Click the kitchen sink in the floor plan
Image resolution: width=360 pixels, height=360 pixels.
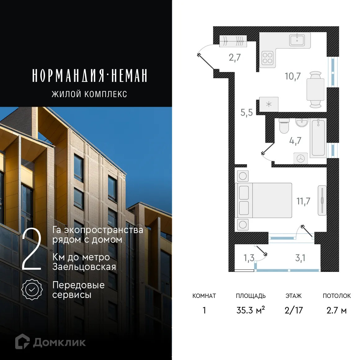[297, 40]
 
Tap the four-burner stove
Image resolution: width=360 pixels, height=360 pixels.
[267, 58]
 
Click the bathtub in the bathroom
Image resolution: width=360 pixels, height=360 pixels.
[318, 137]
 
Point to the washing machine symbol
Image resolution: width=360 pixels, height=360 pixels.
[301, 158]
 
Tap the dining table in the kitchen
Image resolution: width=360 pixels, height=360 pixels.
[315, 89]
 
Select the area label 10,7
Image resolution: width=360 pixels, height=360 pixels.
[293, 76]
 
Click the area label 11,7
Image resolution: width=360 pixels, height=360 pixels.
[303, 201]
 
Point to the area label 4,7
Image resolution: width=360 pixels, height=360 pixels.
[295, 141]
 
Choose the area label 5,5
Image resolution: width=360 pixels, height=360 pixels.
[246, 112]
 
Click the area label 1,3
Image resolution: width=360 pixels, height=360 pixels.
[249, 258]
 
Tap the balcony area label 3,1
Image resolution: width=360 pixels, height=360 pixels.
[300, 258]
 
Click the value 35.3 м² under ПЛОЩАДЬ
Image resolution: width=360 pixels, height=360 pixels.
[250, 310]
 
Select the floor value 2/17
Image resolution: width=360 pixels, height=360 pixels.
[294, 310]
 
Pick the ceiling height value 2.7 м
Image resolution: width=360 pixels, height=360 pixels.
[336, 310]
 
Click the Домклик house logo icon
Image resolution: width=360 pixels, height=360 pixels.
[22, 342]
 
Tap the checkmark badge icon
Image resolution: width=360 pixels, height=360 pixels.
[32, 290]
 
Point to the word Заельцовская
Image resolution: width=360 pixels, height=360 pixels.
[84, 267]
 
